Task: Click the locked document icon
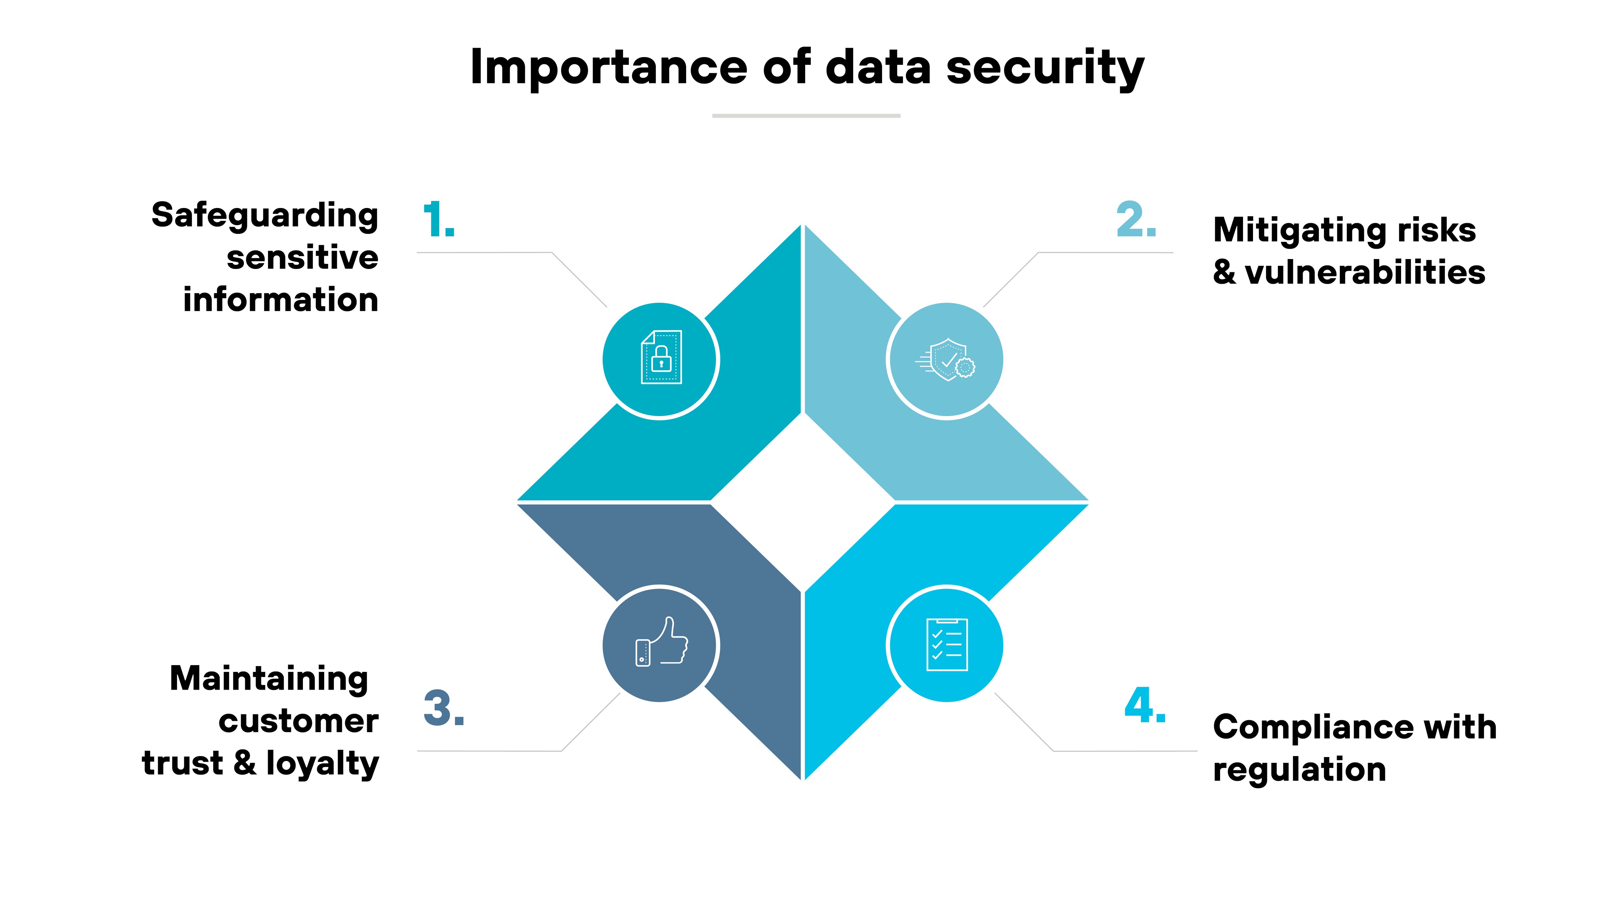(x=661, y=357)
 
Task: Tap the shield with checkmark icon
(x=946, y=360)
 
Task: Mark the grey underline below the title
(x=806, y=116)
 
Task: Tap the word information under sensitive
(x=281, y=300)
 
